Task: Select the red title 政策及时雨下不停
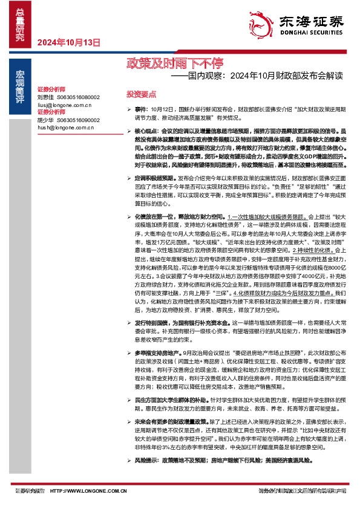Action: pyautogui.click(x=167, y=62)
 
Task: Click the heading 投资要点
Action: pyautogui.click(x=141, y=94)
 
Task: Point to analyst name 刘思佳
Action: pyautogui.click(x=45, y=97)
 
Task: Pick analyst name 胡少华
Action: pyautogui.click(x=45, y=120)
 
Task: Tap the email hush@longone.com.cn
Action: pyautogui.click(x=65, y=128)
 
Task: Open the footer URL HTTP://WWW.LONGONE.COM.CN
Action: pyautogui.click(x=88, y=490)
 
